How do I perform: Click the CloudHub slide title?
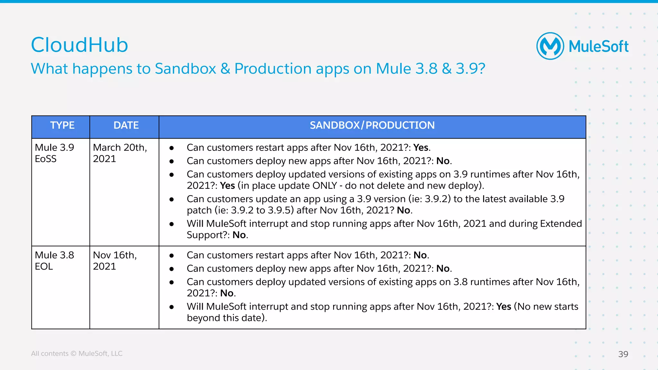79,45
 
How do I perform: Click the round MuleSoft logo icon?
550,46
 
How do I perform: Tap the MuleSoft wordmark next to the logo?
598,47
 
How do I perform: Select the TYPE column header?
62,125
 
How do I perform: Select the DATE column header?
126,125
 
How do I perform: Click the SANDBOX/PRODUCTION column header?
372,125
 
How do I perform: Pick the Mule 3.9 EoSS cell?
54,153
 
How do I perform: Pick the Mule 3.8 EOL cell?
54,261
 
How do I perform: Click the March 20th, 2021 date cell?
120,153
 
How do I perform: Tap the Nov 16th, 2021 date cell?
115,261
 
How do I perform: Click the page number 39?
623,354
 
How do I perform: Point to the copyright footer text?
76,353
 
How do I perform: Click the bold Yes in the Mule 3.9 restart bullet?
421,148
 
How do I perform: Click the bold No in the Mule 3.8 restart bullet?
420,255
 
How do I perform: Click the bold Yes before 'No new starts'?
503,306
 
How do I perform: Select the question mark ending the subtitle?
481,69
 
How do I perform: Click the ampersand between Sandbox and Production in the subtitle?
225,69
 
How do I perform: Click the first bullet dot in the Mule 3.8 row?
172,256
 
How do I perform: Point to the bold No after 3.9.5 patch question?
404,210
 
